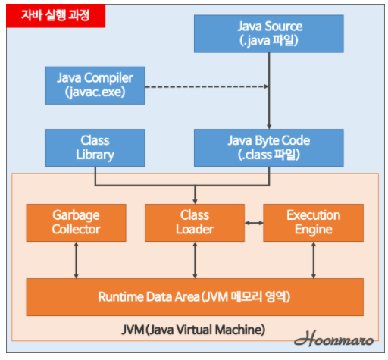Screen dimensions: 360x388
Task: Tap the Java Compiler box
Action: pos(95,85)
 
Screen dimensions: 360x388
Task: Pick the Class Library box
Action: pos(95,148)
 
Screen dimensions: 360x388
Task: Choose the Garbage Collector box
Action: pos(76,222)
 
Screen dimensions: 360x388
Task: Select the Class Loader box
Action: pos(195,222)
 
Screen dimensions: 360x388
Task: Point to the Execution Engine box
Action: pos(313,222)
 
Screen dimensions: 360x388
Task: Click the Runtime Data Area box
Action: pos(195,296)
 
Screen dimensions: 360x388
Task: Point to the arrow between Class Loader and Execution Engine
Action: pos(253,223)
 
